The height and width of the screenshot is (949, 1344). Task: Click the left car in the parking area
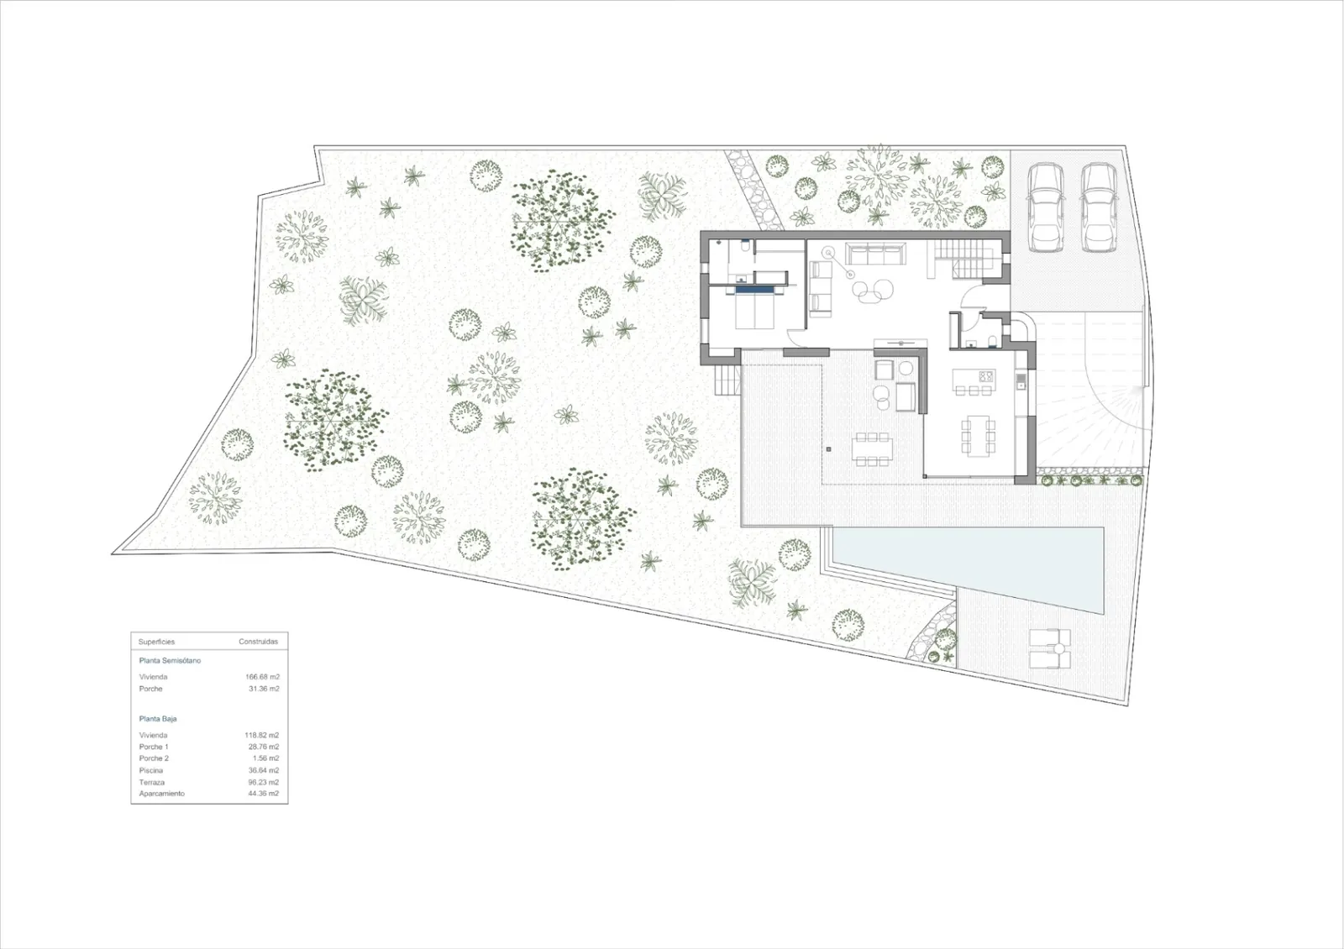point(1045,207)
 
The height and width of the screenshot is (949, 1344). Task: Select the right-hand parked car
point(1100,207)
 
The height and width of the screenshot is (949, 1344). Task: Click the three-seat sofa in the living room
point(875,253)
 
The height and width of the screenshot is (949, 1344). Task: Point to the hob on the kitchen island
point(986,377)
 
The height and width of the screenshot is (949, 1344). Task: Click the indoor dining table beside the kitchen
point(978,436)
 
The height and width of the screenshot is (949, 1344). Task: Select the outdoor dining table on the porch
point(872,448)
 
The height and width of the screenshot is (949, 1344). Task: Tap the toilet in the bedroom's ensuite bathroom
point(744,246)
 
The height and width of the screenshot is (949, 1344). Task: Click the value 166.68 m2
point(262,677)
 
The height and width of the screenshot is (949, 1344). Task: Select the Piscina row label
point(150,770)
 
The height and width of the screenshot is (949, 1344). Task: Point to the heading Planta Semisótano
point(170,660)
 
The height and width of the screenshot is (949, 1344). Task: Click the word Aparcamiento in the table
point(161,794)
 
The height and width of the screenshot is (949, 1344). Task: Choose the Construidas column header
point(258,642)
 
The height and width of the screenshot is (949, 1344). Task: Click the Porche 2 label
point(154,758)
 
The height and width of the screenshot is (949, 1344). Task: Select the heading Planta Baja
point(158,719)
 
